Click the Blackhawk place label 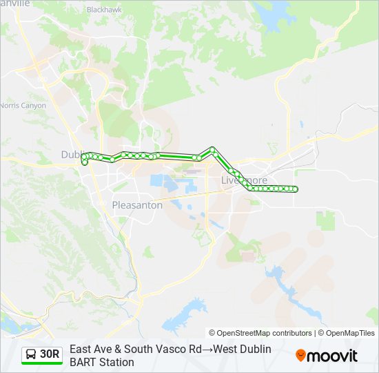[103, 10]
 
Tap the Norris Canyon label [23, 106]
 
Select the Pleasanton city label [137, 205]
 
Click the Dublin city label [72, 155]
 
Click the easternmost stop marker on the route [296, 189]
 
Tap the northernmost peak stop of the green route [213, 149]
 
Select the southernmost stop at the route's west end [85, 163]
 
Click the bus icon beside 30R [30, 354]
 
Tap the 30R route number [50, 354]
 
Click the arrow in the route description [208, 350]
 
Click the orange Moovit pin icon [300, 356]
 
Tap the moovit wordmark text [334, 356]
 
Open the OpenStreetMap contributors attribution [260, 333]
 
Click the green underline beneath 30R [42, 364]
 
